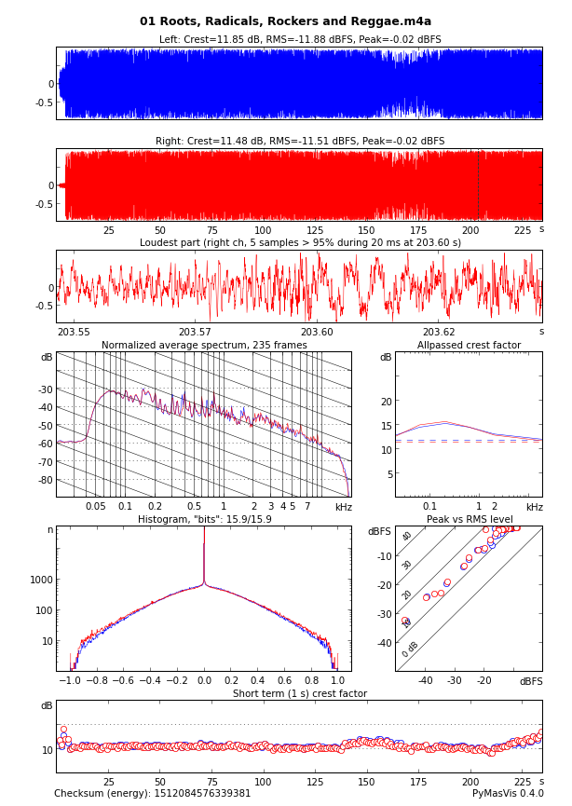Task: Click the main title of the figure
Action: (x=286, y=21)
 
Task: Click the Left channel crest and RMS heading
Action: (x=300, y=40)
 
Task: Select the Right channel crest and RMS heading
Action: (x=300, y=142)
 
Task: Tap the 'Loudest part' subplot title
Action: (x=300, y=243)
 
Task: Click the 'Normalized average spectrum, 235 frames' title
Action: (x=204, y=346)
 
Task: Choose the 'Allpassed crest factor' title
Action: (x=469, y=346)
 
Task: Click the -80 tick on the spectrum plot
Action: (x=44, y=480)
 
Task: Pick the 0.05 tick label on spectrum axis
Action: (x=96, y=507)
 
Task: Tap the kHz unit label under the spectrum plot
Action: (x=343, y=508)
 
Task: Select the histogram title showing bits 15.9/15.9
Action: (x=204, y=520)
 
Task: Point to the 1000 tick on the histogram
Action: (x=41, y=580)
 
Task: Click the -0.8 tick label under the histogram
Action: (x=95, y=681)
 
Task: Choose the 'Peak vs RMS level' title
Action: (x=469, y=520)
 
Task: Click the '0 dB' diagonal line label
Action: (x=411, y=649)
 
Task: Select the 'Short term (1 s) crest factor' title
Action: (x=300, y=694)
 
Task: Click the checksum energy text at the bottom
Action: (x=153, y=794)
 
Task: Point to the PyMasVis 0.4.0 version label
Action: (x=508, y=794)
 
